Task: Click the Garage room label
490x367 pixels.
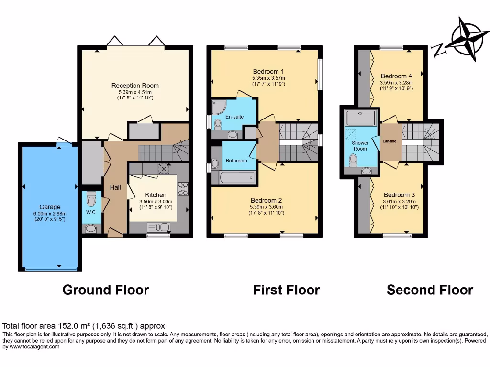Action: coord(50,207)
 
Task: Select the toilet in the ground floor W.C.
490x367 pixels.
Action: coord(92,198)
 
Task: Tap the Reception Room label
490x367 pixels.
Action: coord(135,86)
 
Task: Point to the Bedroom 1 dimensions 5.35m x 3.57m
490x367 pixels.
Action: coord(268,78)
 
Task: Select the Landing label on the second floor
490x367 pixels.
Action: coord(390,141)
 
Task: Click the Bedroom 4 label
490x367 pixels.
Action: coord(396,76)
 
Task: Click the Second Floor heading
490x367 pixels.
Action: coord(430,290)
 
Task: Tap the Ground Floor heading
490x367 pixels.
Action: coord(106,290)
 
